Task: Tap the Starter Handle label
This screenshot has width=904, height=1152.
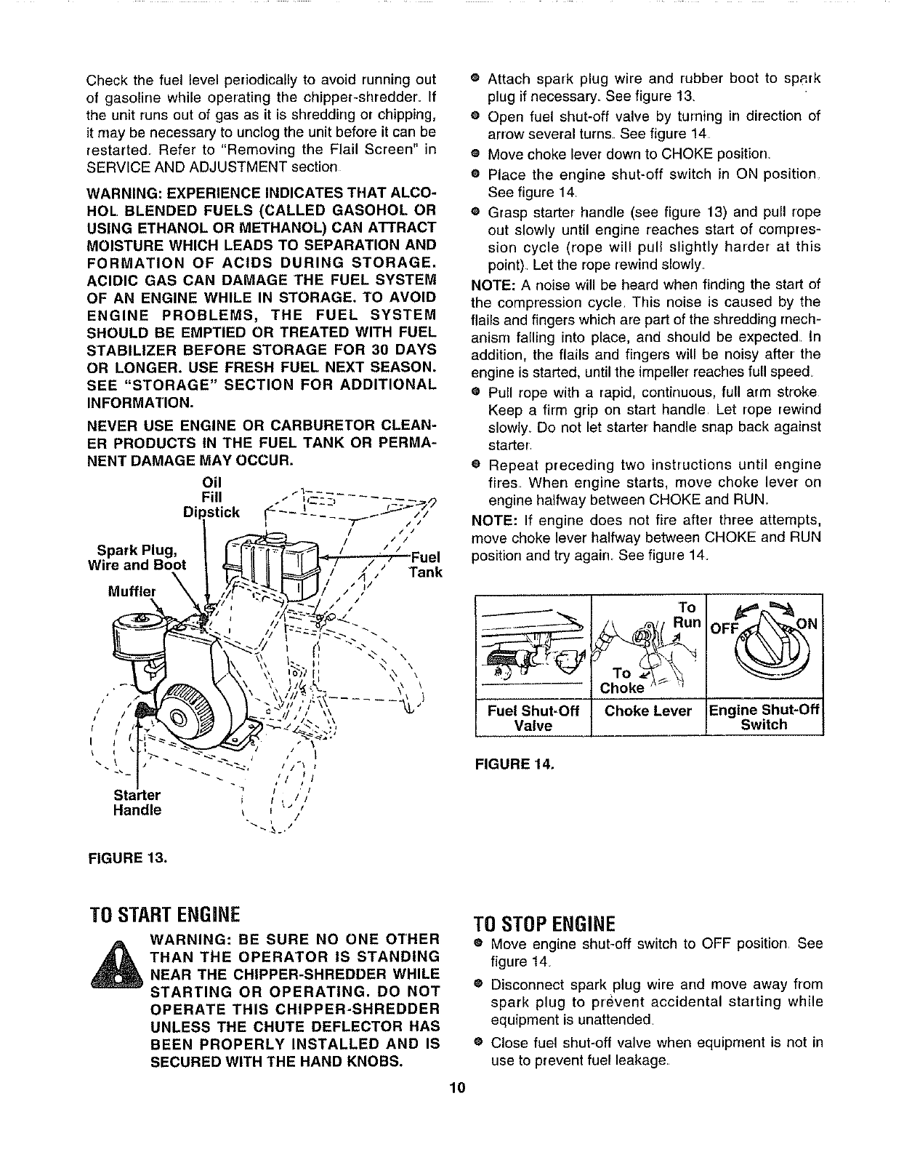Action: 137,801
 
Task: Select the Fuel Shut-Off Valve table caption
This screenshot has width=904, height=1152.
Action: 533,718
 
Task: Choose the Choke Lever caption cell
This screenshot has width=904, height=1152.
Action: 647,711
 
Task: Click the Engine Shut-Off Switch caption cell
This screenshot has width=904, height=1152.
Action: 764,718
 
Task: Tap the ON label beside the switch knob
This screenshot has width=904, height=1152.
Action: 808,623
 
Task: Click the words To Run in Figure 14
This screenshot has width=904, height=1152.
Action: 685,615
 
